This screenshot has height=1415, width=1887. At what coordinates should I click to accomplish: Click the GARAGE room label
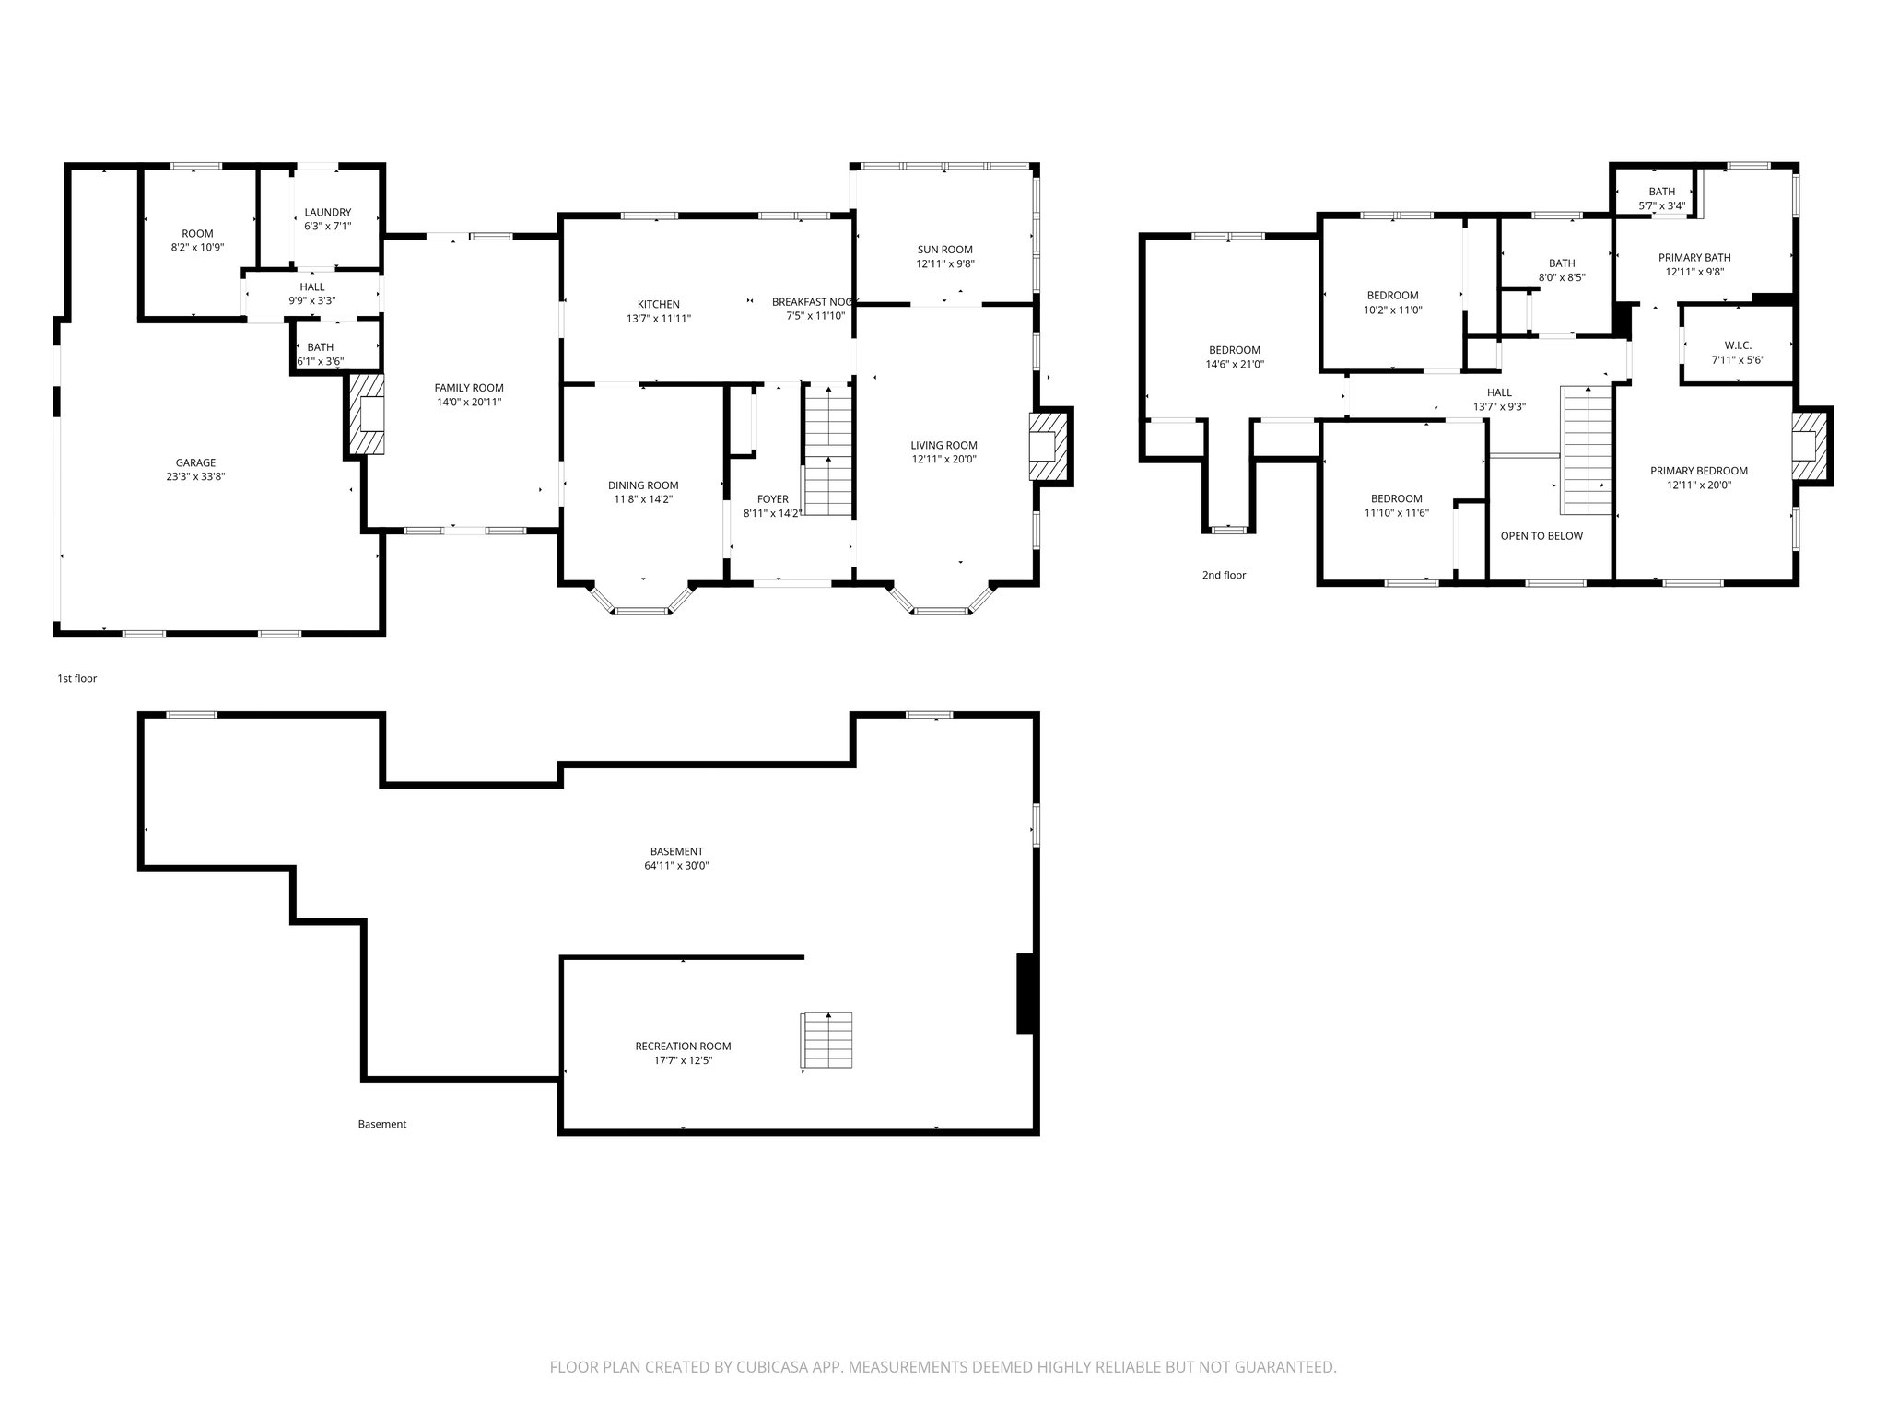coord(195,463)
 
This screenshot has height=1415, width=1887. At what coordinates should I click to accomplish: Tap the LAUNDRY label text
coord(327,213)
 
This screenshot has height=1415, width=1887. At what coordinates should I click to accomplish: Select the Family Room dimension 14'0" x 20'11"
coord(469,403)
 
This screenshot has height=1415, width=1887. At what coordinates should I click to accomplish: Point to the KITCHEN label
coord(658,305)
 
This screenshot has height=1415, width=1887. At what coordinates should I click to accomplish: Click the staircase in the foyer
coord(827,450)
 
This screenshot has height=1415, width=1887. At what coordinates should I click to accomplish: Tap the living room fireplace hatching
coord(1050,447)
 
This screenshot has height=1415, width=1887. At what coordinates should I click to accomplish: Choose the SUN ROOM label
coord(944,250)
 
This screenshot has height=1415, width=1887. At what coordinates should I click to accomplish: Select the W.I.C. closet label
coord(1738,346)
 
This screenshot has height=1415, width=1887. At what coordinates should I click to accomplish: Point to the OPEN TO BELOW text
coord(1541,536)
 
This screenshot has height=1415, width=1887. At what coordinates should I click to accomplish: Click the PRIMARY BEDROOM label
coord(1698,471)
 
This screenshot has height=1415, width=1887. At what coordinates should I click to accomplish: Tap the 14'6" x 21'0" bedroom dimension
coord(1235,365)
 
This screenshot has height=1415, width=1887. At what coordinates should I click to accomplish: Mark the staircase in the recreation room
coord(826,1041)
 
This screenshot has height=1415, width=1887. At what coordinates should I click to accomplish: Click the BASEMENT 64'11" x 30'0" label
coord(676,859)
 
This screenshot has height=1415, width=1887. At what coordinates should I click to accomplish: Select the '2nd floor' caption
coord(1224,576)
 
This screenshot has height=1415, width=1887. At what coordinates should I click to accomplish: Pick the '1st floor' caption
coord(77,679)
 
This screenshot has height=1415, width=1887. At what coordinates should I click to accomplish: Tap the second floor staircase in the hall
coord(1585,450)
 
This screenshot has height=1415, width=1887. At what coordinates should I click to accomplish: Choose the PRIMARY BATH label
coord(1694,258)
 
